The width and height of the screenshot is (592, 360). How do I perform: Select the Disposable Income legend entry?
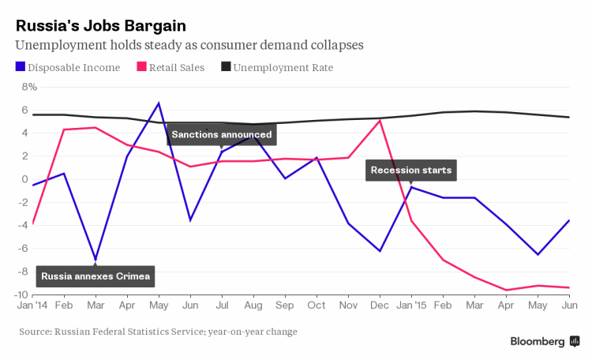tap(67, 68)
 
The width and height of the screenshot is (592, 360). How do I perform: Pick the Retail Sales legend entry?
tap(170, 68)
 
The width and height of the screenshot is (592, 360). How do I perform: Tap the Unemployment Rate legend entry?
tap(276, 68)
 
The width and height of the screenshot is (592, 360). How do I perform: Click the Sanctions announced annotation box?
tap(222, 134)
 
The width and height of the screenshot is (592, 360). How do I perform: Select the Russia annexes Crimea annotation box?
tap(95, 276)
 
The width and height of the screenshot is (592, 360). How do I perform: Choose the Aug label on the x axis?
tap(253, 306)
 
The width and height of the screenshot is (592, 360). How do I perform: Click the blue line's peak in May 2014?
tap(159, 103)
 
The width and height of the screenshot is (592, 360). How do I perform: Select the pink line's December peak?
tap(380, 120)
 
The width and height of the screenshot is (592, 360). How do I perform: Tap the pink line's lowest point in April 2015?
tap(506, 290)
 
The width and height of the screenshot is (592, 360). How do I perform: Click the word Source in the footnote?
tap(36, 332)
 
